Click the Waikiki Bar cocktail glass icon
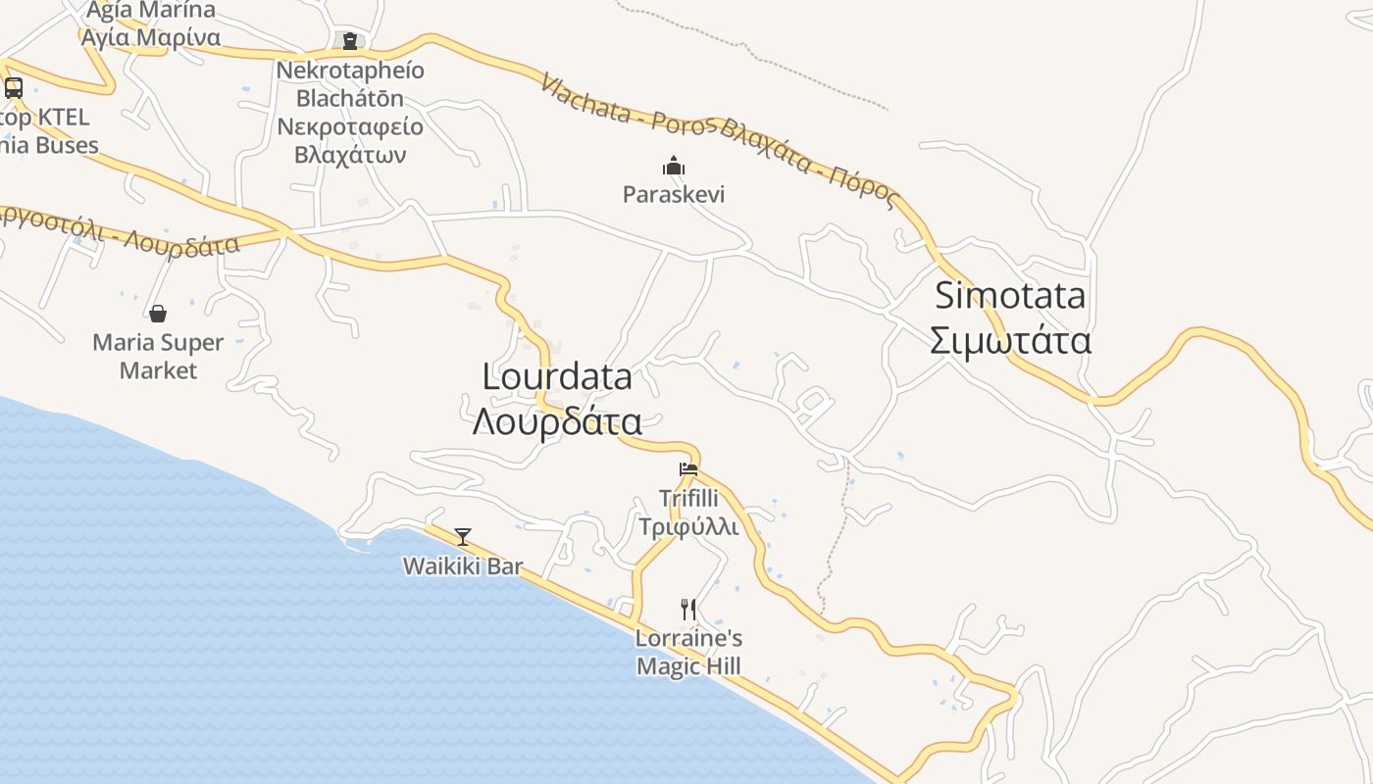coord(463,537)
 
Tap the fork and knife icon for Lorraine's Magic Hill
coord(688,610)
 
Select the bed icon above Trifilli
coord(688,469)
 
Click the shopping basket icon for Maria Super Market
coord(158,314)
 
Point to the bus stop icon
coord(14,88)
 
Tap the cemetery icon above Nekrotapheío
coord(350,41)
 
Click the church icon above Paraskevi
coord(673,166)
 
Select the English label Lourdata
coord(557,376)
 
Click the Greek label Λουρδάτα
coord(557,421)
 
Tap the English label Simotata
coord(1010,295)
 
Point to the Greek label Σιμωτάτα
coord(1010,341)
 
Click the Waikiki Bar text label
coord(463,566)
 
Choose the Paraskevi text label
coord(674,194)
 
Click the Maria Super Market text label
coord(158,357)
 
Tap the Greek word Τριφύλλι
coord(688,527)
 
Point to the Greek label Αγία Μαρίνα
coord(151,37)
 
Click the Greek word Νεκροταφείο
coord(350,126)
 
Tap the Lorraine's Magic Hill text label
coord(688,653)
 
